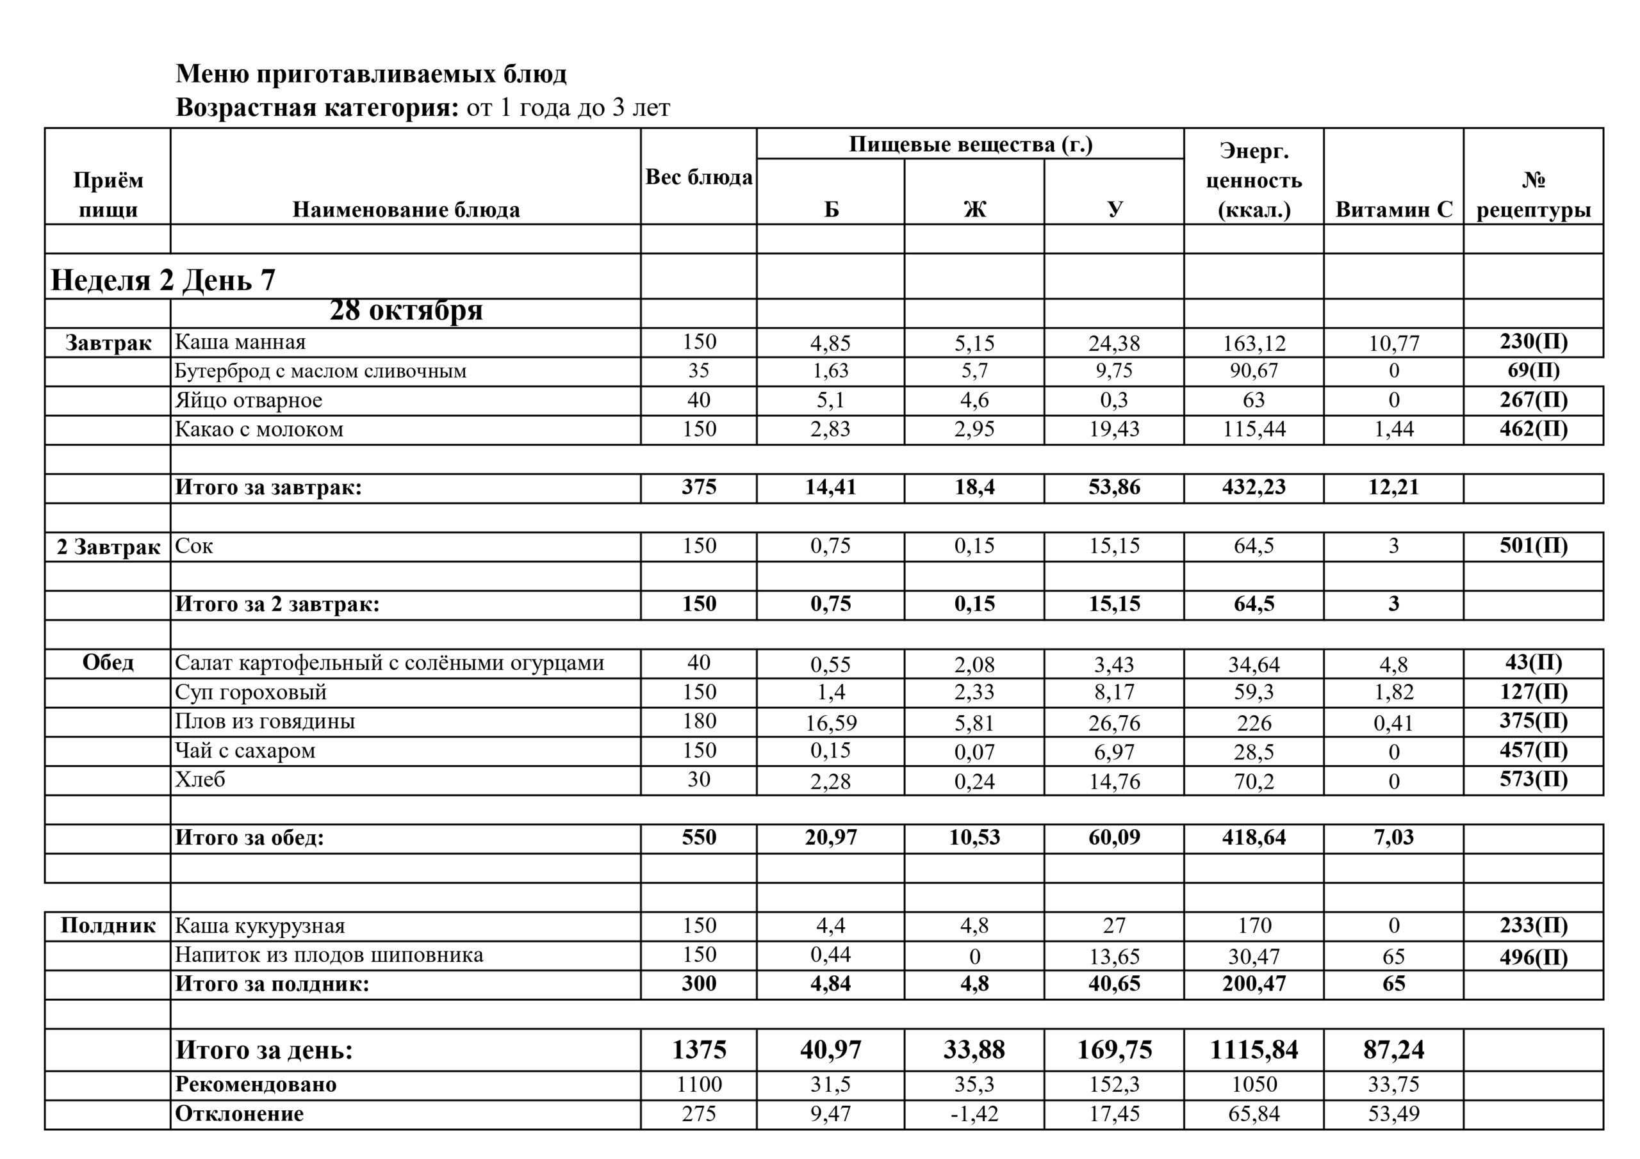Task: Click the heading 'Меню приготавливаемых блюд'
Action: pyautogui.click(x=371, y=74)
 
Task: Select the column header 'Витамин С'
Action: pyautogui.click(x=1393, y=209)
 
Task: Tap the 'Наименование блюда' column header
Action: pyautogui.click(x=406, y=209)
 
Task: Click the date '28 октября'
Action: pyautogui.click(x=406, y=311)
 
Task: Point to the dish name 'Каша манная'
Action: pyautogui.click(x=240, y=342)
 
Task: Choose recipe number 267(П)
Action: pyautogui.click(x=1533, y=400)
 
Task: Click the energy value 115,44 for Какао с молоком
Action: pyautogui.click(x=1254, y=429)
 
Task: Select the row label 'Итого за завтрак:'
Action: pyautogui.click(x=268, y=488)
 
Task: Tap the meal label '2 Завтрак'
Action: pyautogui.click(x=108, y=547)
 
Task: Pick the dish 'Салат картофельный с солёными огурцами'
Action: pyautogui.click(x=389, y=663)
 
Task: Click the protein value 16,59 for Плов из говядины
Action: pyautogui.click(x=831, y=724)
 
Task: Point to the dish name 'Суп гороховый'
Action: pyautogui.click(x=250, y=692)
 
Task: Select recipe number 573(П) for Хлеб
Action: pyautogui.click(x=1533, y=779)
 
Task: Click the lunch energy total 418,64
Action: pyautogui.click(x=1254, y=838)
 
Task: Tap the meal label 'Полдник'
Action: pyautogui.click(x=108, y=926)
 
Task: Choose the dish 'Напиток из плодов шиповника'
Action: pyautogui.click(x=329, y=955)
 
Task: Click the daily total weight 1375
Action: pyautogui.click(x=698, y=1050)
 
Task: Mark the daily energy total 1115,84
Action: pyautogui.click(x=1254, y=1050)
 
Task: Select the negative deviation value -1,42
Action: pyautogui.click(x=974, y=1114)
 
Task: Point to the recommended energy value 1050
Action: pyautogui.click(x=1254, y=1085)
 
